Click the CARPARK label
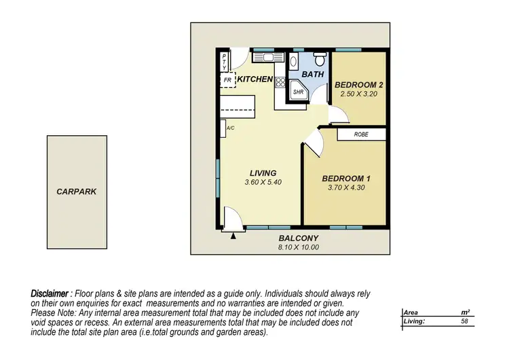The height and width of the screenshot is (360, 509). tap(76, 192)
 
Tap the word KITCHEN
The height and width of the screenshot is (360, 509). tap(255, 80)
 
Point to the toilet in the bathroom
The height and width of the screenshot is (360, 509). tap(293, 62)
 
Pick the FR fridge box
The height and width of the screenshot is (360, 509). tap(228, 80)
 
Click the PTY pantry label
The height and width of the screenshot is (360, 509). tap(225, 62)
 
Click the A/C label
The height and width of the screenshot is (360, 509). tap(230, 128)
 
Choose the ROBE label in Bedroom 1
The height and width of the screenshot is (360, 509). tap(361, 134)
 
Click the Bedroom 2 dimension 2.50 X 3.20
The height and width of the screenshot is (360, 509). tap(359, 94)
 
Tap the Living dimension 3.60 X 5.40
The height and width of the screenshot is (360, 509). tap(261, 183)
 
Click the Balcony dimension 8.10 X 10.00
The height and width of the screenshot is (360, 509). tap(298, 247)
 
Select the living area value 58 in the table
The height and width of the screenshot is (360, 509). tap(464, 321)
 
